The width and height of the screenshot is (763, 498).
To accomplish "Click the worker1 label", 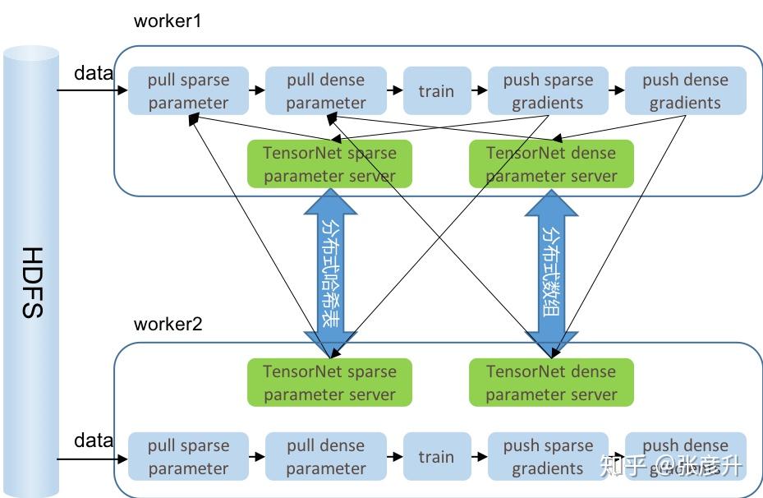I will pos(168,21).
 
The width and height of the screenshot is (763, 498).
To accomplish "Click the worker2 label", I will pos(168,323).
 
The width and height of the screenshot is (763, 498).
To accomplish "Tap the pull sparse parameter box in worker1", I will pos(189,91).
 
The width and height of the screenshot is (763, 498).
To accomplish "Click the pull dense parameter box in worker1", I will pos(326,91).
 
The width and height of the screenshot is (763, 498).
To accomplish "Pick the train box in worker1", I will pos(436,91).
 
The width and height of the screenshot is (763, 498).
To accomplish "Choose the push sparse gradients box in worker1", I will pos(548,91).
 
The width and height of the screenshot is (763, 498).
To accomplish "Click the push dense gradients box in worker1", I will pos(685,91).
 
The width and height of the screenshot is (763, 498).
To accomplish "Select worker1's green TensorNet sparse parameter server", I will pos(329,164).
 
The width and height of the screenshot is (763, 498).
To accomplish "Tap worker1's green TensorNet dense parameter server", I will pos(551,164).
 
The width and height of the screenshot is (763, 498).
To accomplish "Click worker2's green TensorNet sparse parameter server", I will pos(329,383).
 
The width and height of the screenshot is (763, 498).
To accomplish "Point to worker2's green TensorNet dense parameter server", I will pos(551,383).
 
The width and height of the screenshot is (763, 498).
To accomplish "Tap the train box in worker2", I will pos(436,457).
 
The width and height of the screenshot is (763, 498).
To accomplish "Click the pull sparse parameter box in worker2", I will pos(189,457).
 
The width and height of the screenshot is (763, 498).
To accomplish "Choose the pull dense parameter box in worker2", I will pos(326,457).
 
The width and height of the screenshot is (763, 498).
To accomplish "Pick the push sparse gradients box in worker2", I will pos(548,457).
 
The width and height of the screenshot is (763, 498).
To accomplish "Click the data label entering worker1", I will pos(94,73).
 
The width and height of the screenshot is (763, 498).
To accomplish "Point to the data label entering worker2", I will pos(94,440).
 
